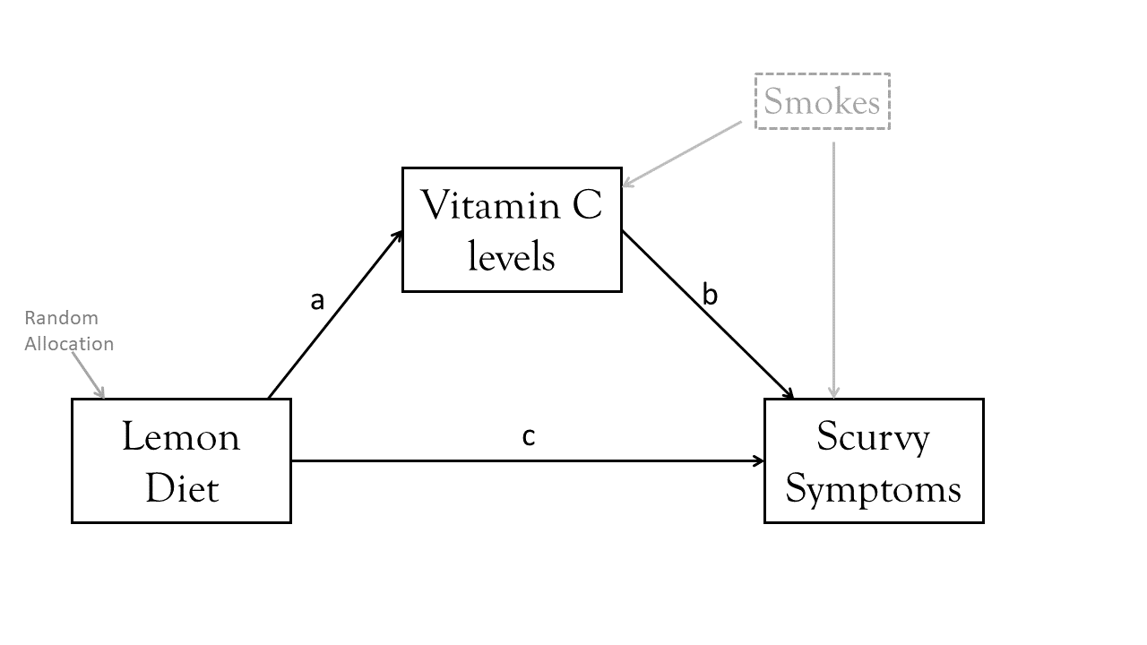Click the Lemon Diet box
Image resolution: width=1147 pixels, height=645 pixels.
[181, 461]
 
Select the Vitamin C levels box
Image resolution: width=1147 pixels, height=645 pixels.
[512, 229]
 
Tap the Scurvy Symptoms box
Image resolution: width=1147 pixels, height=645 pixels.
[874, 461]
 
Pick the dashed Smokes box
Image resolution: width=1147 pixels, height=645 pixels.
[823, 101]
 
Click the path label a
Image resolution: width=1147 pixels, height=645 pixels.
[317, 301]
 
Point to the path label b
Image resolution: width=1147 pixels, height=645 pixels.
[710, 295]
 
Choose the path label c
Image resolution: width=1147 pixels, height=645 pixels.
[529, 436]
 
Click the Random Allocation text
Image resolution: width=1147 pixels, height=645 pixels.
[68, 331]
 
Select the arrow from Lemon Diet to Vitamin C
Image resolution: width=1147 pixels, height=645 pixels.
[334, 314]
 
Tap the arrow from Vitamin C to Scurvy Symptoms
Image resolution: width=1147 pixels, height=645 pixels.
[708, 314]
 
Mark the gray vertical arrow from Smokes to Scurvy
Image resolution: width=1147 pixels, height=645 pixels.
[834, 269]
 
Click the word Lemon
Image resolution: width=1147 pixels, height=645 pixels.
[181, 438]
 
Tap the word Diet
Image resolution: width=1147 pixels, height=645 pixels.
[181, 489]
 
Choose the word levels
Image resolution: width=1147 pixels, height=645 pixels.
[512, 258]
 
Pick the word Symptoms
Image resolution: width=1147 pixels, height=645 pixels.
[874, 489]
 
